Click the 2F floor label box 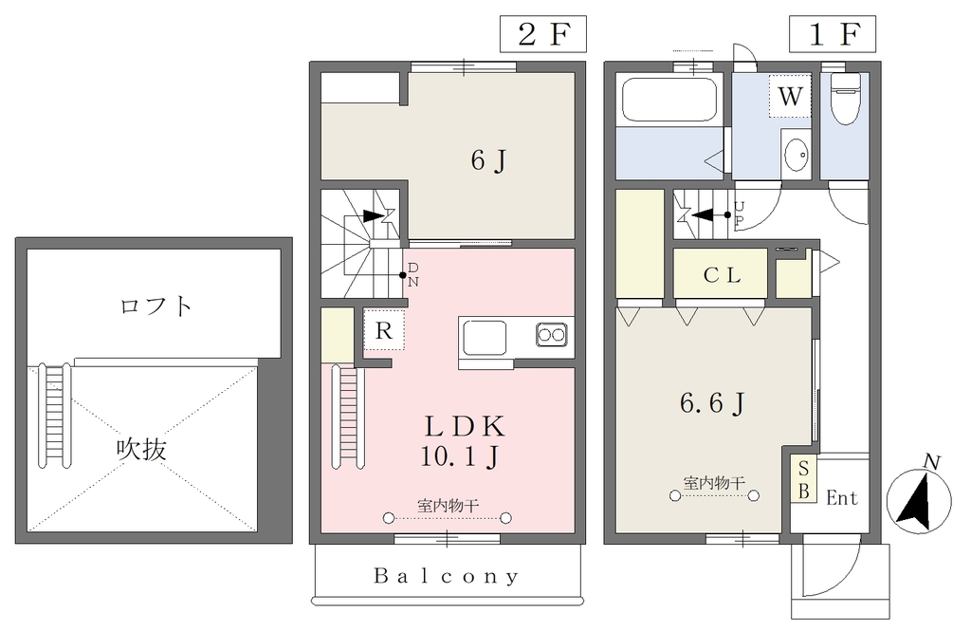542,35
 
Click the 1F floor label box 833,35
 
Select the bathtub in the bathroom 669,100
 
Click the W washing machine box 790,96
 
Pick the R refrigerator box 384,330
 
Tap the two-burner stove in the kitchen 551,335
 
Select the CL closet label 722,274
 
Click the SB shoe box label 804,479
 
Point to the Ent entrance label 842,498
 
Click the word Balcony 446,577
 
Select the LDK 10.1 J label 462,441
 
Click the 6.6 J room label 711,403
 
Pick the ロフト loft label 156,306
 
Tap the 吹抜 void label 142,450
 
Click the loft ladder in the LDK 348,416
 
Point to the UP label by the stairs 739,213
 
